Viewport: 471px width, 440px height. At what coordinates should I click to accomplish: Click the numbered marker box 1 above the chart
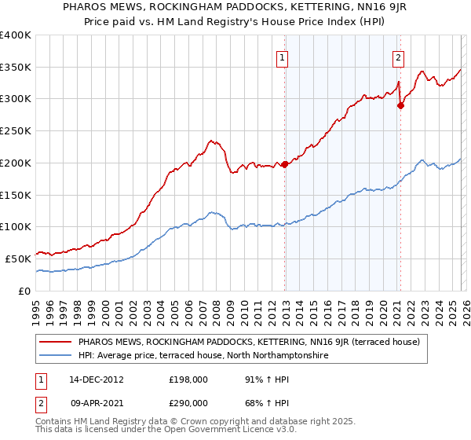(282, 57)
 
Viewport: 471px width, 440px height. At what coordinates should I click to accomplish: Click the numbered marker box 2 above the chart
(398, 57)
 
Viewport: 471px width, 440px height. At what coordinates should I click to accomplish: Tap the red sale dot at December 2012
(285, 163)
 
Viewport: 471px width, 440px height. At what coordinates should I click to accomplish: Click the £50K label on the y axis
(18, 258)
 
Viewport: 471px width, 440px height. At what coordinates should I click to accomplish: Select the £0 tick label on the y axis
(25, 291)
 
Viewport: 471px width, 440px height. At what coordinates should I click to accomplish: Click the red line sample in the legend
(56, 342)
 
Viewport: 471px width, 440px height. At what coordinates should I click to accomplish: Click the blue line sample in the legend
(56, 356)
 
